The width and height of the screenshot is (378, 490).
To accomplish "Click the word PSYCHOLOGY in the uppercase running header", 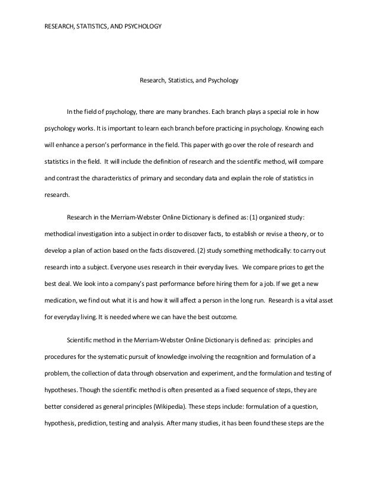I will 143,27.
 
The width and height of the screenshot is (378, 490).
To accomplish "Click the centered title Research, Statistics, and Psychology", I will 188,79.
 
